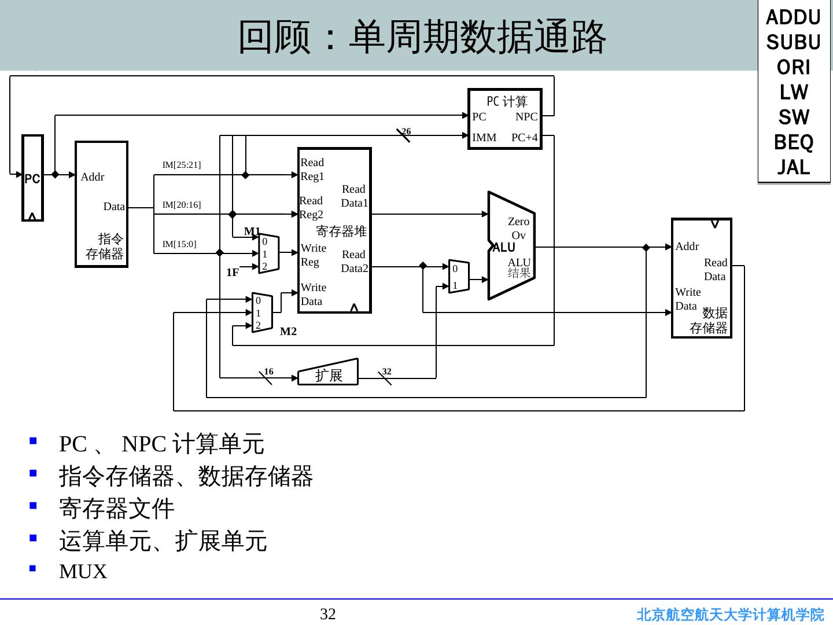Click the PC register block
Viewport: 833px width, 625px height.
pos(33,178)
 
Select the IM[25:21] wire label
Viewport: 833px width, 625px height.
pos(182,165)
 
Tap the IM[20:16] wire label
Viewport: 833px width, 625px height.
pos(182,205)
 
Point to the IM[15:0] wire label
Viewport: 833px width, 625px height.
pos(179,244)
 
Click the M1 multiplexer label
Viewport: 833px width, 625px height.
pos(252,231)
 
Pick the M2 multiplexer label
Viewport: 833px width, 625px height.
pos(288,332)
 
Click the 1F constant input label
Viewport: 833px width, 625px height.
pos(232,272)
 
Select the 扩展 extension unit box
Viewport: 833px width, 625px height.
pos(328,374)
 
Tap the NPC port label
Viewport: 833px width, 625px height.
pos(526,116)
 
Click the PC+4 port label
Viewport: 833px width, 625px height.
pos(525,138)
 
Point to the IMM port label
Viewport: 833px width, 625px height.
pos(484,138)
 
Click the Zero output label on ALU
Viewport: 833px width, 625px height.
pos(518,222)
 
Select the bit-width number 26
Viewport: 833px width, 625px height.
pos(406,131)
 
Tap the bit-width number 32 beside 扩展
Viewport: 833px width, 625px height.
pos(387,371)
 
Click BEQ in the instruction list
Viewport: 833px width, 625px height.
pos(794,142)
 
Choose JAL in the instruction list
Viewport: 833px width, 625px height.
pos(794,167)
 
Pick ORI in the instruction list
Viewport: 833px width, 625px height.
pos(794,67)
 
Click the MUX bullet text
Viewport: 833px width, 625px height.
pos(83,572)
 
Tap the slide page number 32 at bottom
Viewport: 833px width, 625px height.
pos(328,614)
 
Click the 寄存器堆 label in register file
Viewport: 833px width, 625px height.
pos(341,231)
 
